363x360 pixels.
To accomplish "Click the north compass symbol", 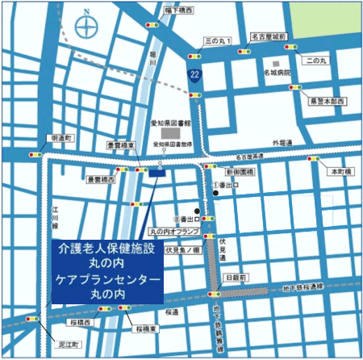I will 86,27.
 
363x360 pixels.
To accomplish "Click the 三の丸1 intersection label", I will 219,40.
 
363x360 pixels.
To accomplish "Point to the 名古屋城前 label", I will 269,37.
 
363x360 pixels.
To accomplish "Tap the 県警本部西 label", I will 327,101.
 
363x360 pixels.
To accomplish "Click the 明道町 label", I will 61,138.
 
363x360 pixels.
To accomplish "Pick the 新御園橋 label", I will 240,172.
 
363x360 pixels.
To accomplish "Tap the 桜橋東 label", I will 151,329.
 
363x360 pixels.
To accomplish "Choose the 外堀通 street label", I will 283,143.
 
